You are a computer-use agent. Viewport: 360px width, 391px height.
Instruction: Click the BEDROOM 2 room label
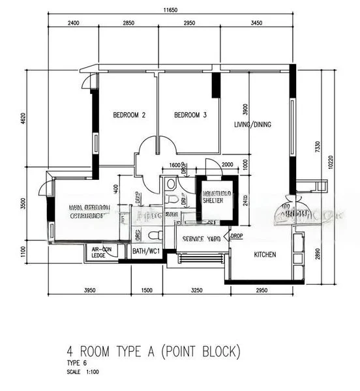[x=129, y=115]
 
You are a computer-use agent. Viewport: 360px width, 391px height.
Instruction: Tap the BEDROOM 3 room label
[x=190, y=115]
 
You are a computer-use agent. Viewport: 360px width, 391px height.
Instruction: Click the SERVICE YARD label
[x=202, y=239]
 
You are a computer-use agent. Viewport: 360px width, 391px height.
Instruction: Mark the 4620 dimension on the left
[x=23, y=119]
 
